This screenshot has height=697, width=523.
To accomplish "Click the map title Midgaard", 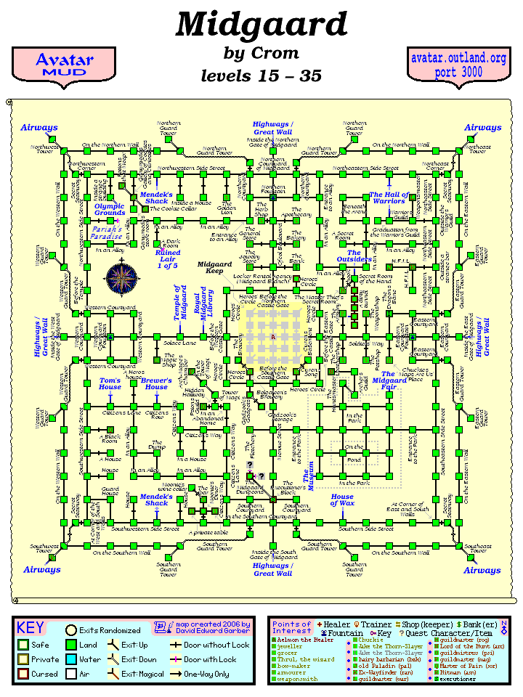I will (261, 25).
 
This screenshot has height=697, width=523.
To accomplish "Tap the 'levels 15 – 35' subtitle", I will (261, 76).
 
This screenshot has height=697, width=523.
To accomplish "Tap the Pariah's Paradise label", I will (107, 232).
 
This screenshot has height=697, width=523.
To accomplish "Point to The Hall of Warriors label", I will (389, 198).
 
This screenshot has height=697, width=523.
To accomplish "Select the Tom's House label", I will (110, 383).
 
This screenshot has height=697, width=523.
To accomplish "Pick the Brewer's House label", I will (156, 383).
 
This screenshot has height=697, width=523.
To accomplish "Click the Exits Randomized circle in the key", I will (71, 630).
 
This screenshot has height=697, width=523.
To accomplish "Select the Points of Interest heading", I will (291, 627).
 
